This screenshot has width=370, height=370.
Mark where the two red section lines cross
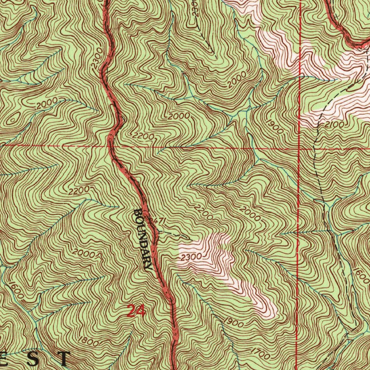pyautogui.click(x=300, y=148)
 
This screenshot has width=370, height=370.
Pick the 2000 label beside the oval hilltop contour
pyautogui.click(x=47, y=103)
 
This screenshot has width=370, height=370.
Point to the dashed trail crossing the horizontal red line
pyautogui.click(x=315, y=149)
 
